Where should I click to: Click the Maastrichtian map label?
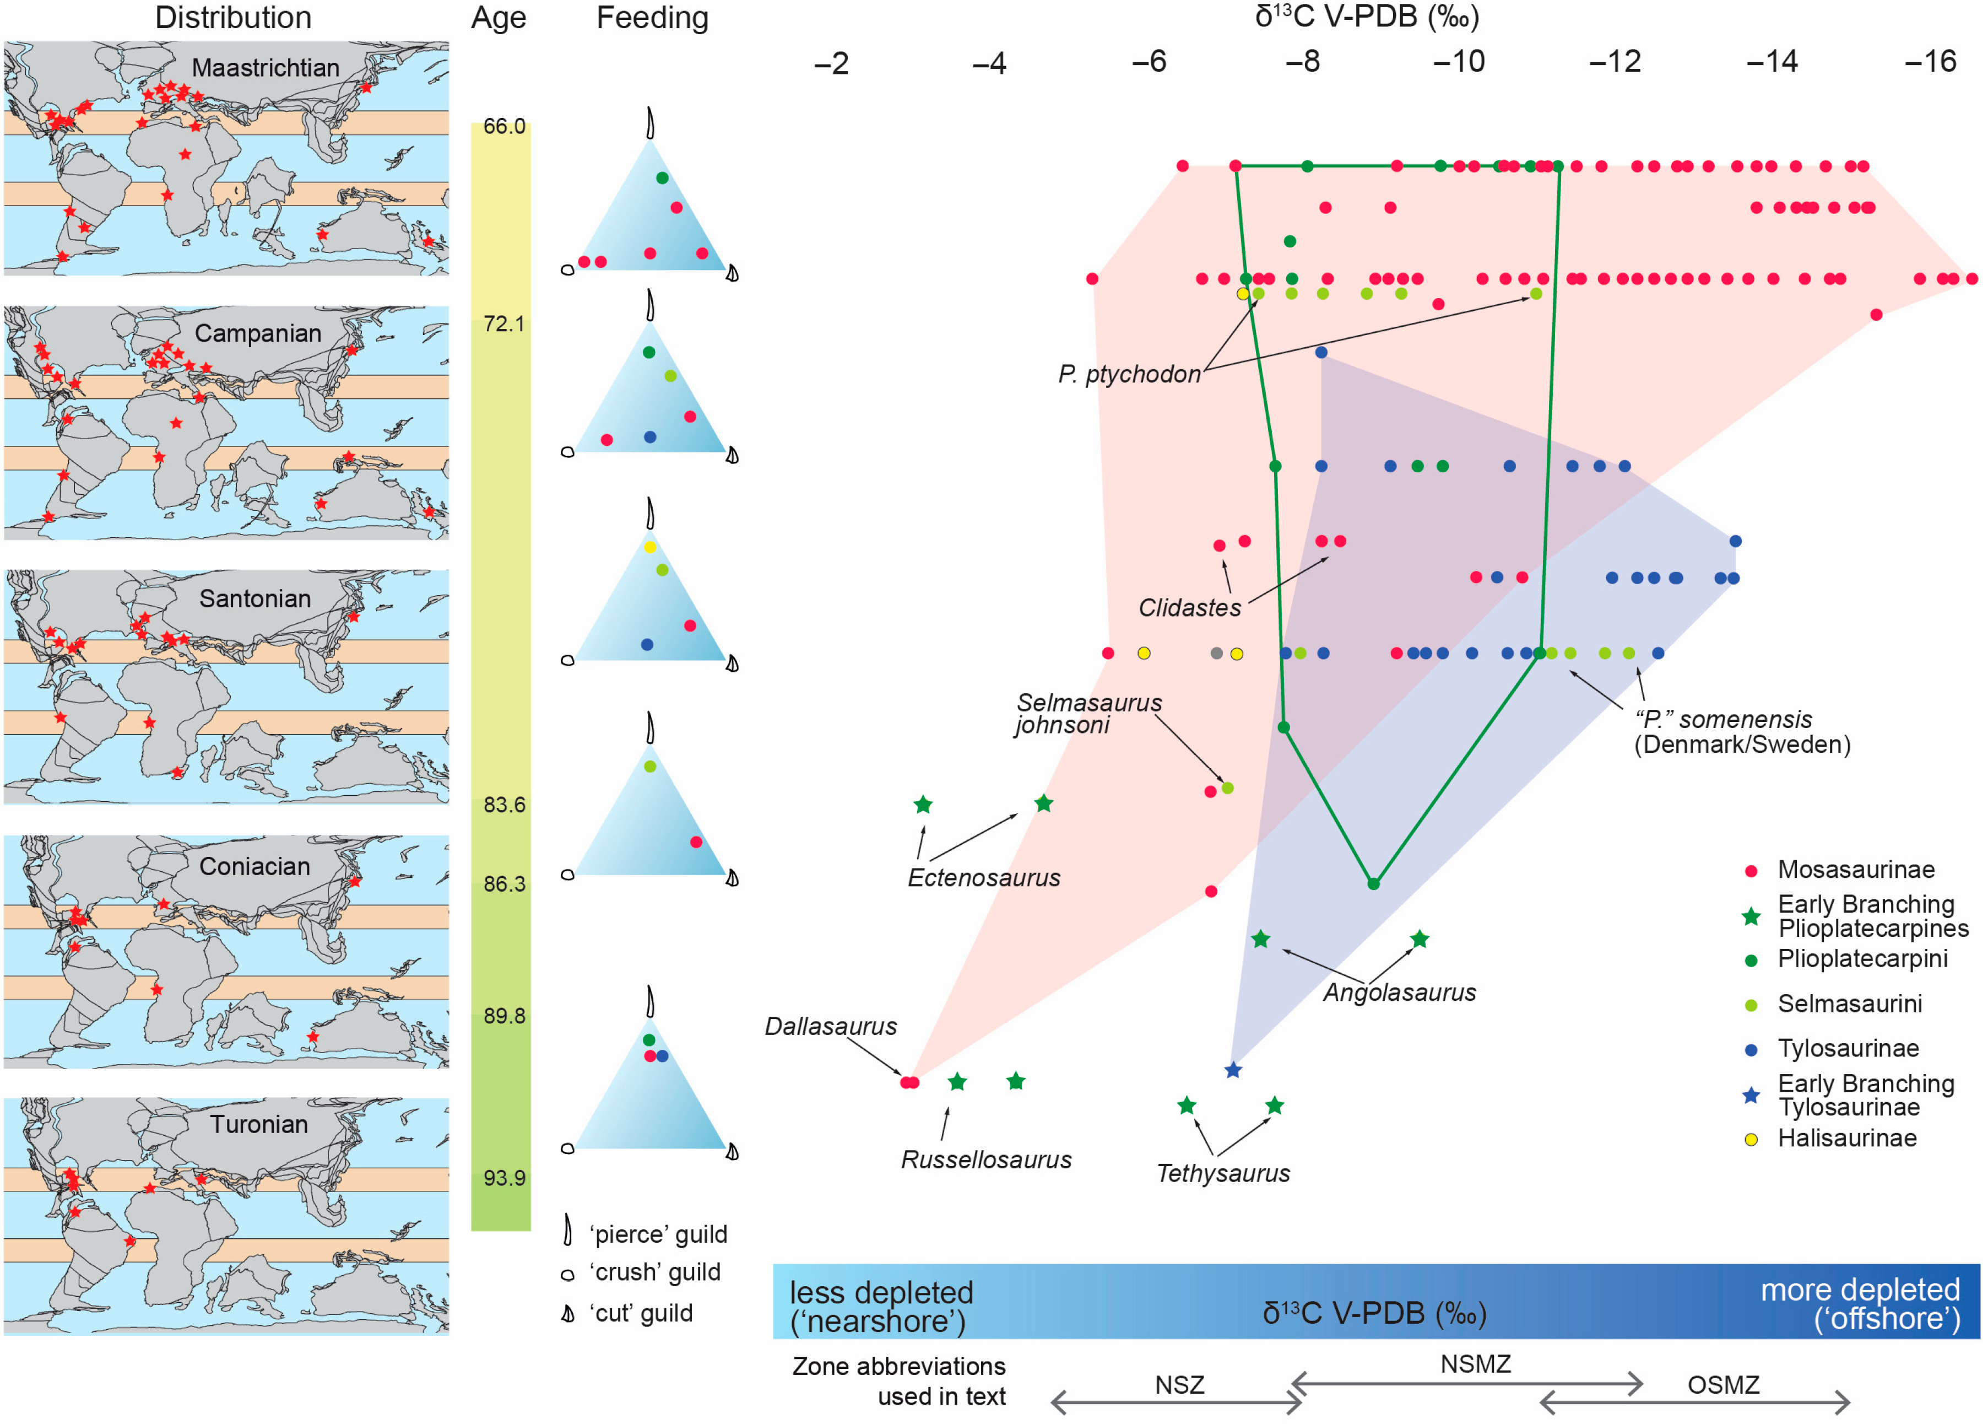click(265, 68)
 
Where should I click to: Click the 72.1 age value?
click(504, 325)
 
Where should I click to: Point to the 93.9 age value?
click(504, 1178)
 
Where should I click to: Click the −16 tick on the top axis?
click(1929, 62)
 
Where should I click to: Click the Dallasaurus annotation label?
click(830, 1026)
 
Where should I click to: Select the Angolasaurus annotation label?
click(1399, 993)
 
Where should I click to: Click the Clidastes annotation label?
click(1189, 608)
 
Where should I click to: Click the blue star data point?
click(1233, 1071)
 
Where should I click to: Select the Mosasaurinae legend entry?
click(1856, 870)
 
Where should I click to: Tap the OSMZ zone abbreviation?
click(1723, 1385)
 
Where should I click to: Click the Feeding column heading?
click(652, 18)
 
